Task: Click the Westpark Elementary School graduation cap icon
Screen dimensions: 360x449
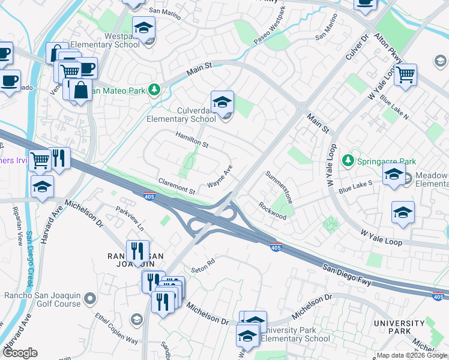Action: [x=144, y=28]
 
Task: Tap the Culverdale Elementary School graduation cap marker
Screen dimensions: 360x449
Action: [x=221, y=103]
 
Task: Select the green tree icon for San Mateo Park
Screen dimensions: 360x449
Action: [x=155, y=89]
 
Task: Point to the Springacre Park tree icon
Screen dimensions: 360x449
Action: [x=347, y=161]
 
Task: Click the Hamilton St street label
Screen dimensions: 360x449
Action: [x=191, y=141]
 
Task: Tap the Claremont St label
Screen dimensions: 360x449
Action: [x=176, y=185]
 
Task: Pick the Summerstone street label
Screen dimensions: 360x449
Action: [x=280, y=187]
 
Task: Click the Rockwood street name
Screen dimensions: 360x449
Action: [x=273, y=210]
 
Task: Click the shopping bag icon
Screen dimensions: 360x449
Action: [x=80, y=91]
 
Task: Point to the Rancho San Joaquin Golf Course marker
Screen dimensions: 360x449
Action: [x=90, y=298]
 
